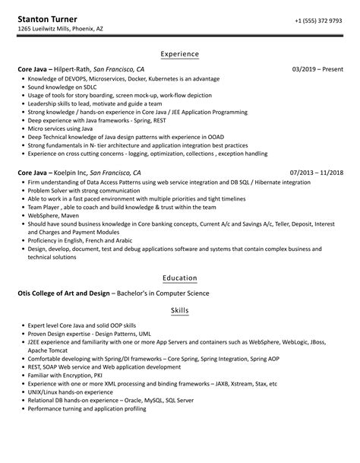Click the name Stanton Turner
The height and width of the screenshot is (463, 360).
48,18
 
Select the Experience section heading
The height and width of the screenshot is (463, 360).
180,54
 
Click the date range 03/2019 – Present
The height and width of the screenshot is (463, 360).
318,69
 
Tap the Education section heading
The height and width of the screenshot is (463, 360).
180,277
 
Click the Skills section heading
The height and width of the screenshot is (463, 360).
180,311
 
